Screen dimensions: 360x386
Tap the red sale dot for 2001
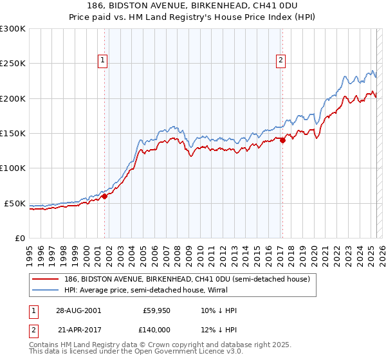click(x=105, y=197)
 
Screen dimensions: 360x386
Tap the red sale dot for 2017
click(x=282, y=141)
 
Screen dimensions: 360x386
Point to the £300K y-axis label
click(x=12, y=29)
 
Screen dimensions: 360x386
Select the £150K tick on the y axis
click(x=12, y=134)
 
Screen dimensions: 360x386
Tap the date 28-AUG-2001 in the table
click(x=78, y=311)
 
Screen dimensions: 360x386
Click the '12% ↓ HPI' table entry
click(x=219, y=329)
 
